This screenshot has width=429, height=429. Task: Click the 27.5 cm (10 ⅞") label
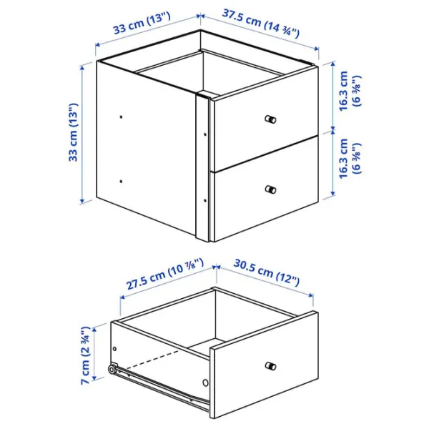click(x=164, y=276)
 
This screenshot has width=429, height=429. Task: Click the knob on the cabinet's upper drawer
click(x=270, y=119)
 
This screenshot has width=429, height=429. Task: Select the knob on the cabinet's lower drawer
click(x=270, y=189)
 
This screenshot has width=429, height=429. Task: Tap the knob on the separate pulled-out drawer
click(x=270, y=367)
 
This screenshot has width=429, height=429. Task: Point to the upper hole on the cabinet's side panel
click(x=122, y=115)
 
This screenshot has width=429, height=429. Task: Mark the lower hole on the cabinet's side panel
click(x=122, y=182)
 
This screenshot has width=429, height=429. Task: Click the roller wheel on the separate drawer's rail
click(x=113, y=370)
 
